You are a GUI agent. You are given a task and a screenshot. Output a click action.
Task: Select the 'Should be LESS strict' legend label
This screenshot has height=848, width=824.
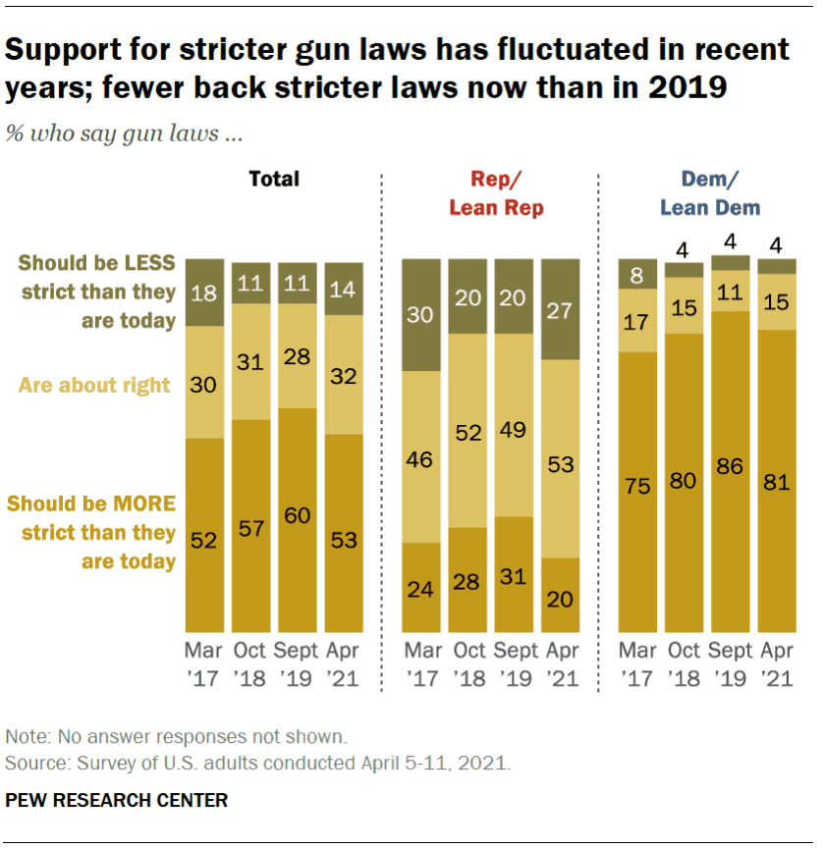(96, 291)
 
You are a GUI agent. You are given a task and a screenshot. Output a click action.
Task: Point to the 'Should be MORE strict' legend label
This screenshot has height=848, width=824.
(91, 532)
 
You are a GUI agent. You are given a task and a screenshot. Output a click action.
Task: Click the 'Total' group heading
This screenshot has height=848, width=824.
(274, 179)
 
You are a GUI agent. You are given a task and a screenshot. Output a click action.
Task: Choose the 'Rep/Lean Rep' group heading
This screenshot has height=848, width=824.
(495, 193)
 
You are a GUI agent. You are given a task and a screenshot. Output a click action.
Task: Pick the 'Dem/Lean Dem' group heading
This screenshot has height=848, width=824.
(709, 193)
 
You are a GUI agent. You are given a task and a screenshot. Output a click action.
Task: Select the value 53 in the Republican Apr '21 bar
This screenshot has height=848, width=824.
(561, 463)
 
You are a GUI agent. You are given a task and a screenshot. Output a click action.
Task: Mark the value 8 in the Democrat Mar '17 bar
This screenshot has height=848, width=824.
(638, 275)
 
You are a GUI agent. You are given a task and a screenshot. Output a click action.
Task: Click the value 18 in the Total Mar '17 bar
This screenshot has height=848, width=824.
(205, 291)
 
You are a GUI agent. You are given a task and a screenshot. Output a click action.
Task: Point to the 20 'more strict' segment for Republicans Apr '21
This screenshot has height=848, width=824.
(561, 598)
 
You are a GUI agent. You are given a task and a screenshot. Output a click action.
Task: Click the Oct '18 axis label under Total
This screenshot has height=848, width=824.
(251, 663)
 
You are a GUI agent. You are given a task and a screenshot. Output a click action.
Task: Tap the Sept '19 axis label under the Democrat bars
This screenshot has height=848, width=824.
(729, 663)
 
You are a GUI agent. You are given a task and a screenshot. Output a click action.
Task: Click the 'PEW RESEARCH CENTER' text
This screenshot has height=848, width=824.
(117, 800)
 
